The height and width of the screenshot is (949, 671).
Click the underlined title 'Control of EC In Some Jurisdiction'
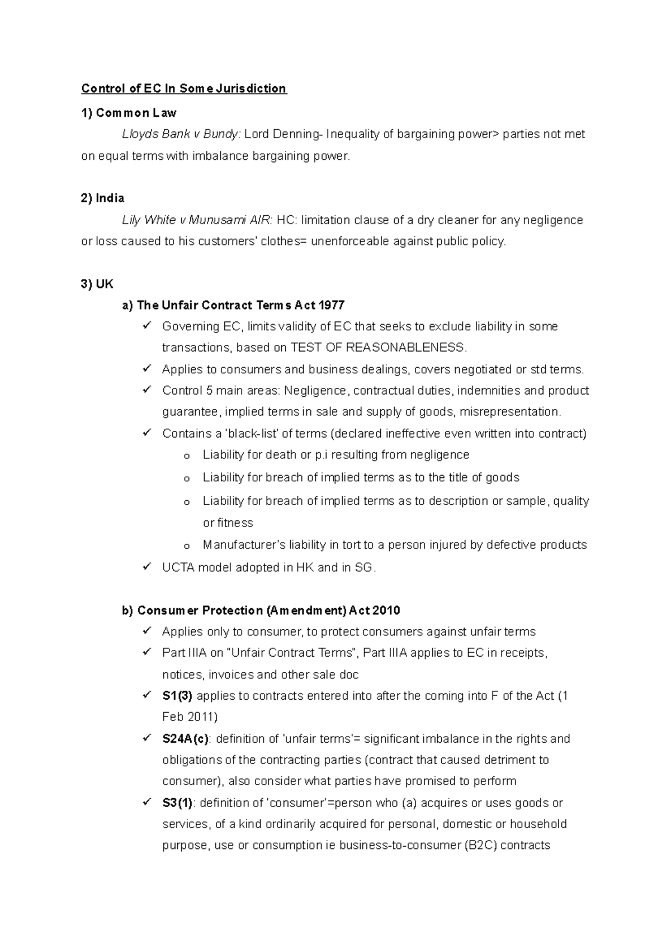pyautogui.click(x=183, y=88)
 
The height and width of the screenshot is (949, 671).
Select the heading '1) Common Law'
pyautogui.click(x=129, y=113)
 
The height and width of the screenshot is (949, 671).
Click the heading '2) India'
pyautogui.click(x=103, y=198)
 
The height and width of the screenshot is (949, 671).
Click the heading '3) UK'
pyautogui.click(x=97, y=284)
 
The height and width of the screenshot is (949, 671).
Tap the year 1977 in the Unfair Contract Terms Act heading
pyautogui.click(x=331, y=305)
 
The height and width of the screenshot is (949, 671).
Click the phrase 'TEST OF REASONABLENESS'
pyautogui.click(x=377, y=348)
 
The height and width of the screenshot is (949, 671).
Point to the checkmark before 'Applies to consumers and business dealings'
pyautogui.click(x=147, y=368)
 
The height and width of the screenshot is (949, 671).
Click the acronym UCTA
pyautogui.click(x=178, y=567)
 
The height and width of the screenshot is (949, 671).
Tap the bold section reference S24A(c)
pyautogui.click(x=186, y=739)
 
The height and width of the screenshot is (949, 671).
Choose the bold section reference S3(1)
pyautogui.click(x=177, y=803)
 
